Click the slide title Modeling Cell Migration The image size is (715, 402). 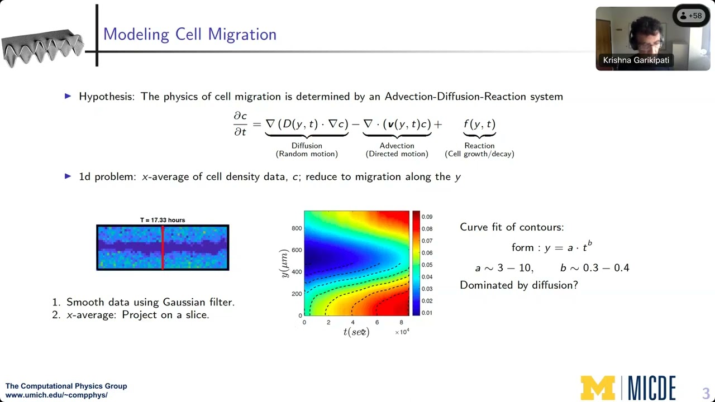(189, 34)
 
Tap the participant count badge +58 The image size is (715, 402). (690, 16)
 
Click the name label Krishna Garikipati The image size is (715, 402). (636, 60)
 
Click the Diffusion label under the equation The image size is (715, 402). (307, 146)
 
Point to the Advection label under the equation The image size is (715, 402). (397, 146)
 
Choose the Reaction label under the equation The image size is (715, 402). (479, 146)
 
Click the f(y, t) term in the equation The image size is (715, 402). (479, 124)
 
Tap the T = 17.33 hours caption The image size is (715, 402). (163, 220)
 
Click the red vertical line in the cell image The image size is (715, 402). (163, 248)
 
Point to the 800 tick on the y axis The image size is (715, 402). (296, 228)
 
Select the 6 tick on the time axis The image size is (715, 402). (377, 322)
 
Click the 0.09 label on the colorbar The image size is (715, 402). (427, 217)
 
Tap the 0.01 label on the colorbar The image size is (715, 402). (427, 313)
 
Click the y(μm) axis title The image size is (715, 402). (284, 263)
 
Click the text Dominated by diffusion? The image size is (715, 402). (518, 285)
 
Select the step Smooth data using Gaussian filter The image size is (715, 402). (150, 302)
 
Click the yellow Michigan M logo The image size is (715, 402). (597, 387)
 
